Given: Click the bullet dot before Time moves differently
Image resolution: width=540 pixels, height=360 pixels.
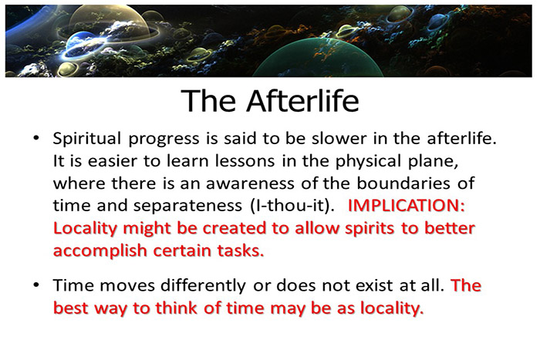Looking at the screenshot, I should [x=36, y=285].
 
